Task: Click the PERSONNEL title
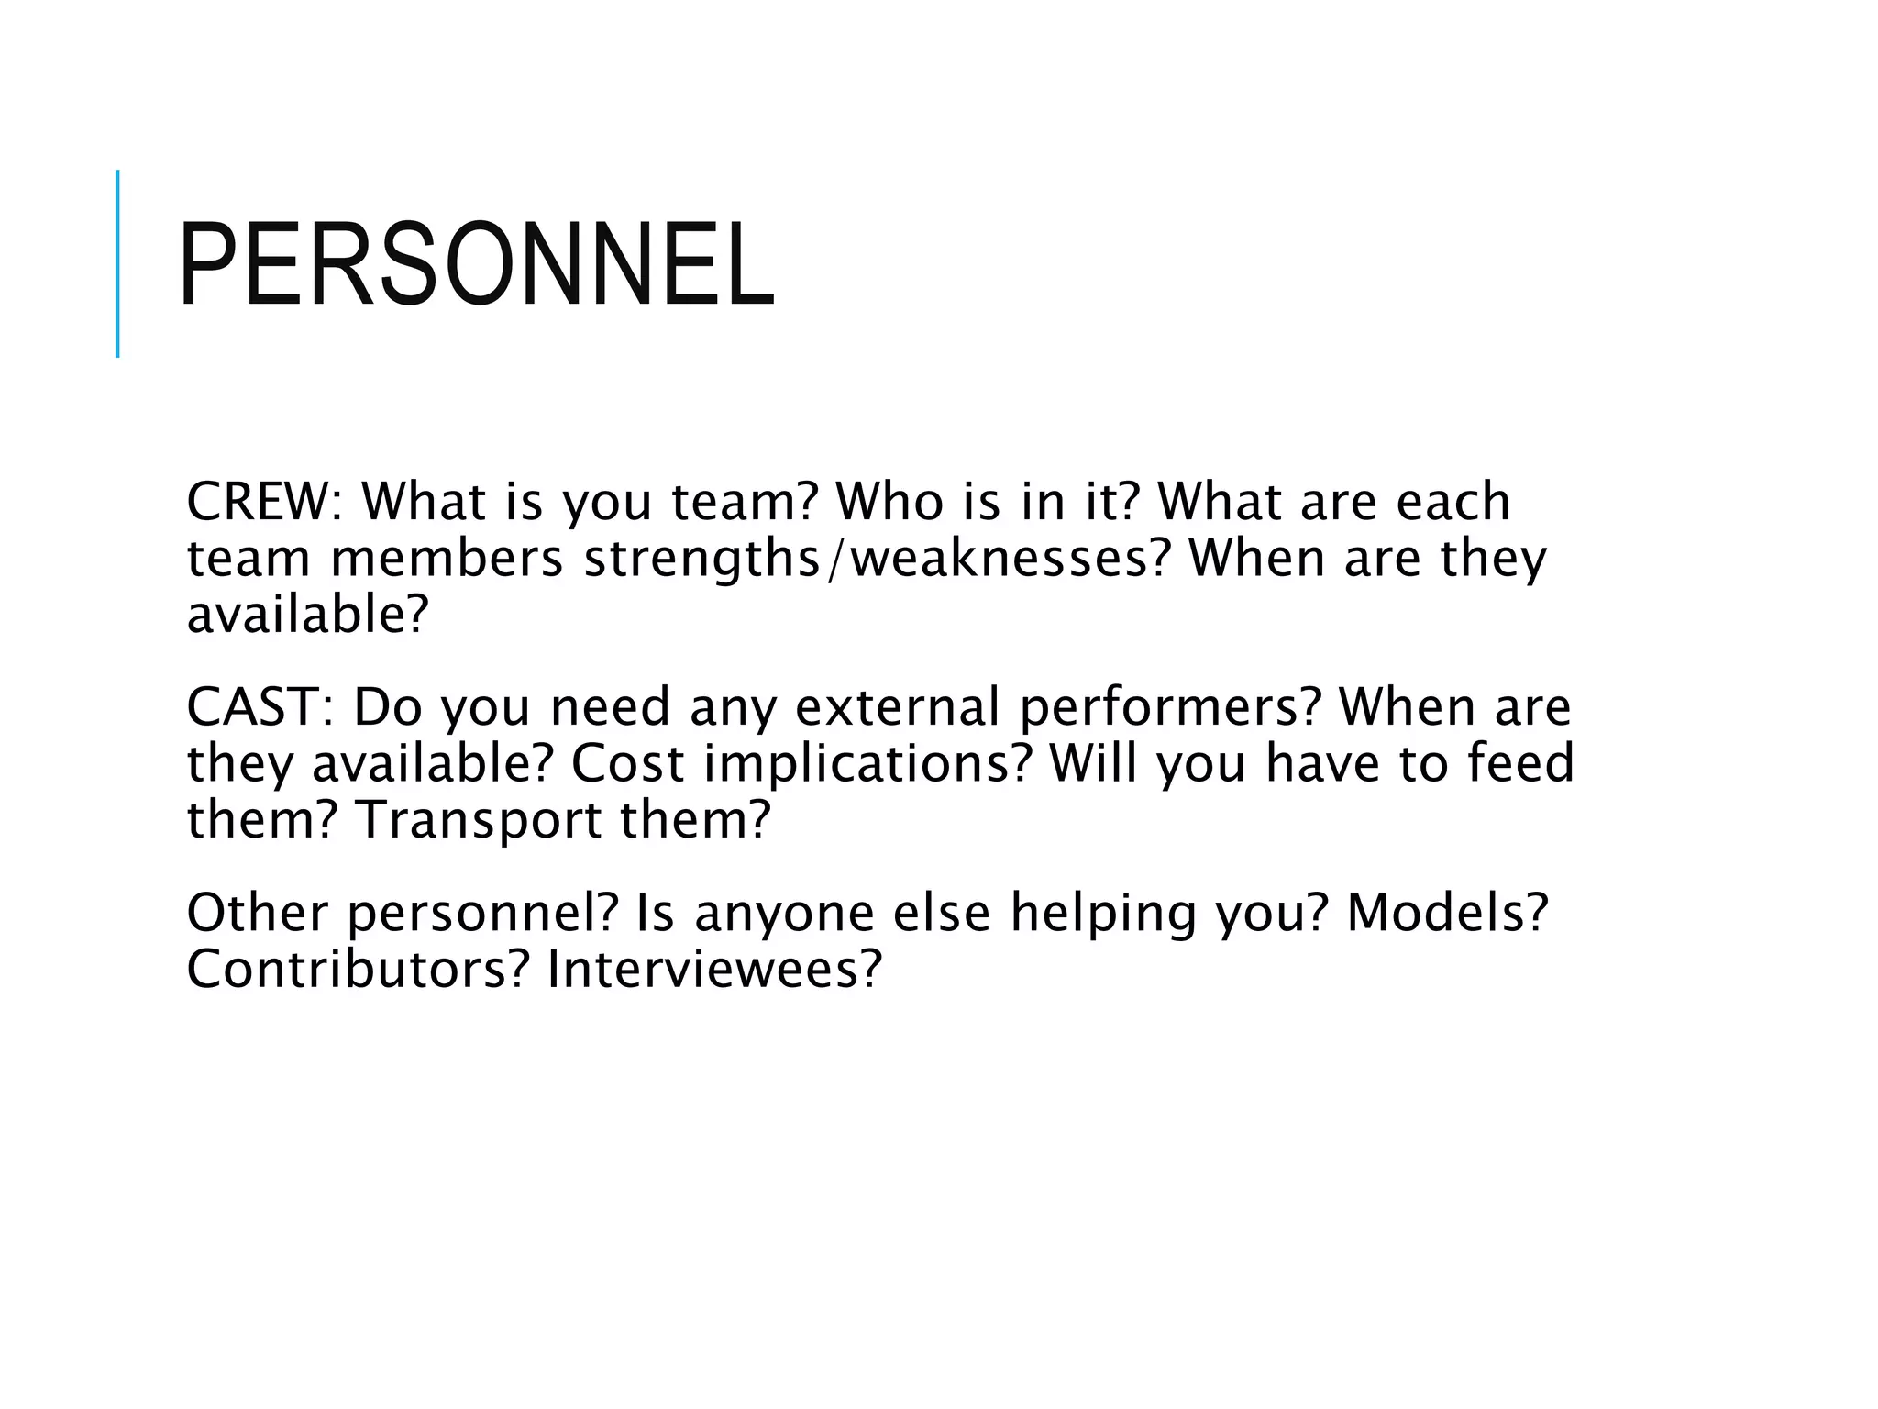coord(477,264)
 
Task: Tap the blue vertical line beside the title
coord(117,263)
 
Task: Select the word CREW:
coord(264,502)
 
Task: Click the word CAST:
coord(260,707)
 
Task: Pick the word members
coord(447,559)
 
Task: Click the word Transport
coord(478,821)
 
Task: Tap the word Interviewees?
coord(714,970)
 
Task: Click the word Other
coord(257,913)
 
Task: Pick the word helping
coord(1104,915)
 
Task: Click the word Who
coord(889,502)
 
